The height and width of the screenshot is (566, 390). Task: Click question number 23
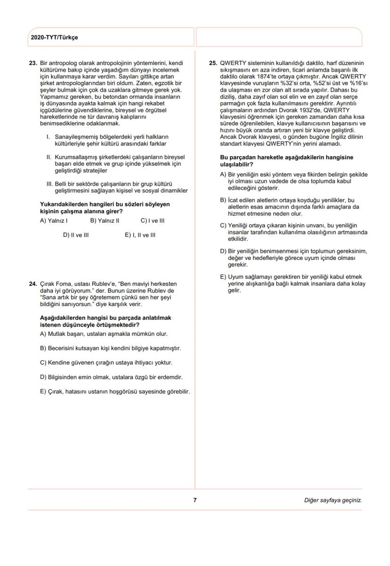pos(33,63)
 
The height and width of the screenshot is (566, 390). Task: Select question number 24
pos(33,284)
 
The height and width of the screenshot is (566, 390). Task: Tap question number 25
pos(213,63)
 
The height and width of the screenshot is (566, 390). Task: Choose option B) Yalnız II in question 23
pos(104,220)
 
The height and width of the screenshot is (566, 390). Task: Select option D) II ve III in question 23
pos(76,235)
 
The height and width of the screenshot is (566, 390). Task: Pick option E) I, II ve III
pos(140,235)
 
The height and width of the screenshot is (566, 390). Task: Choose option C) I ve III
pos(153,220)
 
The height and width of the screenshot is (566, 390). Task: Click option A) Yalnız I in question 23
pos(54,220)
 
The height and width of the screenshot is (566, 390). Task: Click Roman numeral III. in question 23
pos(48,184)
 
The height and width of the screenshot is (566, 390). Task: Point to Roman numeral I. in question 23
pos(48,137)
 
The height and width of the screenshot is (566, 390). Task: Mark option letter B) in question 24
pos(43,348)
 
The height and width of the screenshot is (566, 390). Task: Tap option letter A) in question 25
pos(223,175)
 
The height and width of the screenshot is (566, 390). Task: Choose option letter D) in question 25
pos(223,251)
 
